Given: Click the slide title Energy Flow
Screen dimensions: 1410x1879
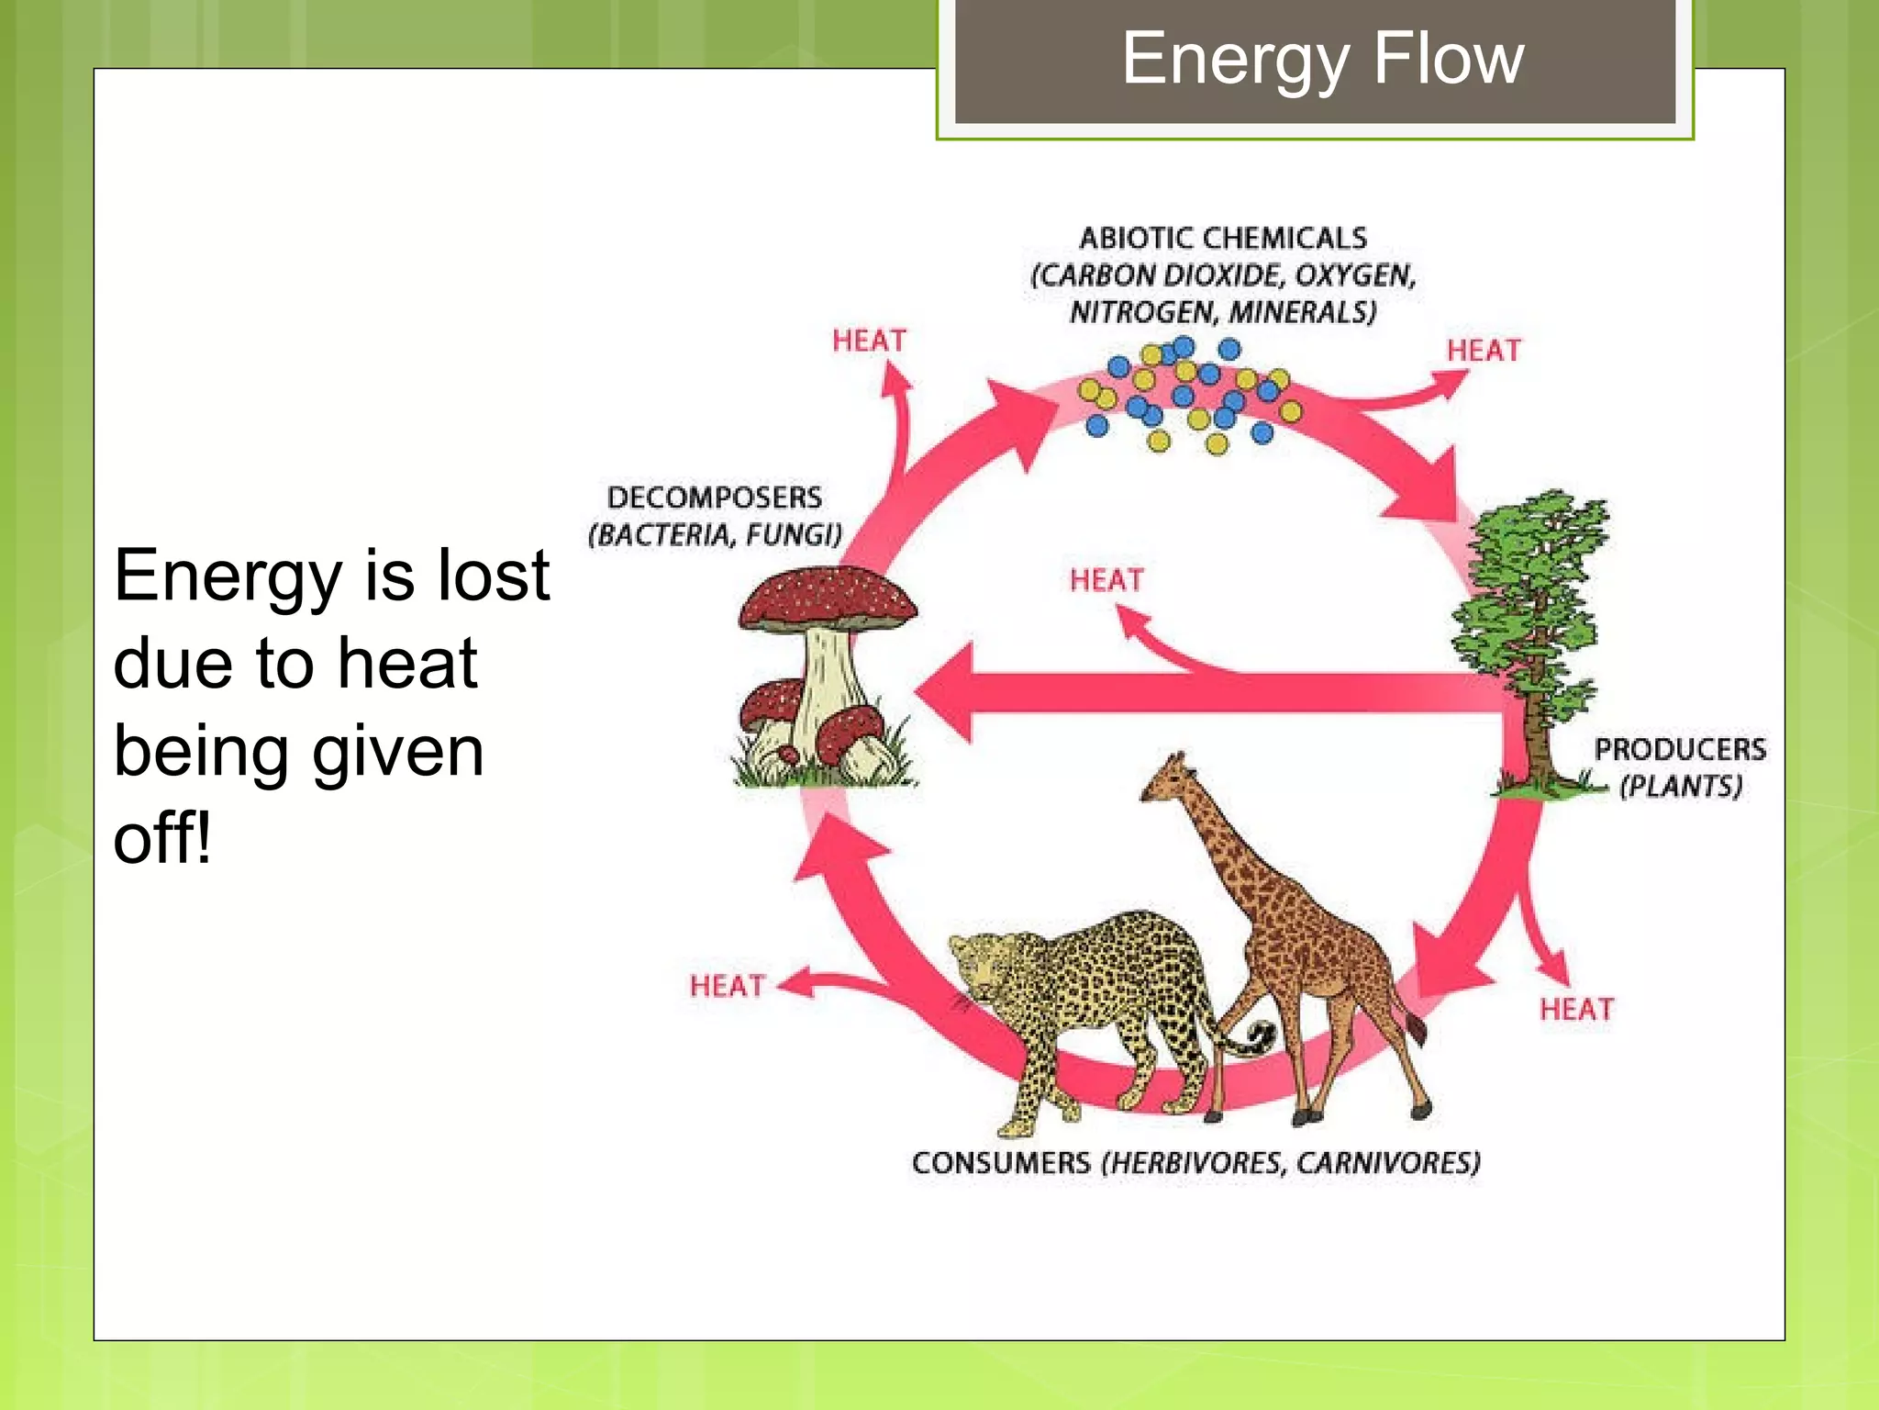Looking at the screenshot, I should click(1322, 58).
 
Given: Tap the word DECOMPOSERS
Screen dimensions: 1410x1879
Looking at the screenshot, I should click(714, 498).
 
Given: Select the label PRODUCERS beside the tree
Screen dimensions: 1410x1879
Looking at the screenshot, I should click(1679, 749).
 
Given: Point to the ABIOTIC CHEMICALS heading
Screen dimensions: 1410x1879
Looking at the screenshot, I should click(1222, 238).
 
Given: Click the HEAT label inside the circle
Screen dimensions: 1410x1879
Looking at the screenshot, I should click(1106, 580).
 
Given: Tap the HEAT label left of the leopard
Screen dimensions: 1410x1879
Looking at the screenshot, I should click(727, 986).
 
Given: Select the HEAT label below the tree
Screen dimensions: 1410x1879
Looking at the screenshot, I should click(1575, 1010).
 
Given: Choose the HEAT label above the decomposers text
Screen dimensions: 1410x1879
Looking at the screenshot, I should click(868, 341).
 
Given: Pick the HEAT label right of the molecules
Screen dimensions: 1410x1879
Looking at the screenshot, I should click(1483, 351).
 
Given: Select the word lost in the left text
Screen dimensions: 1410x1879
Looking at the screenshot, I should click(494, 576).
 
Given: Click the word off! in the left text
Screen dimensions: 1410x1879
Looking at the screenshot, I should click(162, 838).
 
